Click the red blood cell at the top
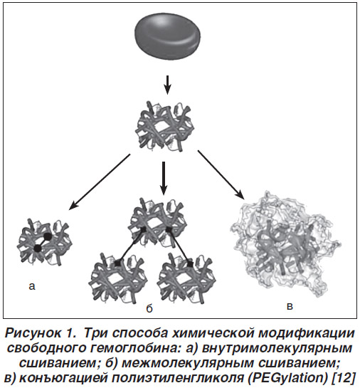(168, 36)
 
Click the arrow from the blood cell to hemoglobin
(168, 85)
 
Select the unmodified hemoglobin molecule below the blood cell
(165, 126)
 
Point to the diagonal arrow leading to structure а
(99, 182)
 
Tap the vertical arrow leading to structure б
(163, 178)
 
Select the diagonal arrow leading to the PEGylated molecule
(221, 174)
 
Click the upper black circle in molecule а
(48, 236)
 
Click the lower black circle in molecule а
(38, 248)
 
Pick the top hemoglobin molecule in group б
(158, 223)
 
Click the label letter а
(32, 286)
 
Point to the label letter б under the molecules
(149, 308)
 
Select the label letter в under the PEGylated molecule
(290, 306)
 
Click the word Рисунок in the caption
(33, 333)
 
